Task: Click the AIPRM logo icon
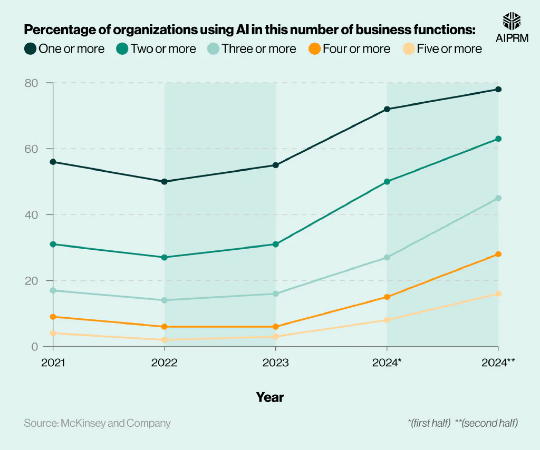pos(512,21)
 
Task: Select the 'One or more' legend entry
pos(64,49)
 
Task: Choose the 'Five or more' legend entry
pos(442,49)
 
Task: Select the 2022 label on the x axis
pos(164,362)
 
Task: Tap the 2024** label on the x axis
pos(498,362)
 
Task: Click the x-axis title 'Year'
pos(270,397)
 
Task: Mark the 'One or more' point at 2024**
pos(498,90)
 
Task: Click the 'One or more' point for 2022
pos(164,182)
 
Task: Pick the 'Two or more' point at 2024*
pos(387,182)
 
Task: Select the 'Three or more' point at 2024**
pos(498,198)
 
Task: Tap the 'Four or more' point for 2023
pos(276,327)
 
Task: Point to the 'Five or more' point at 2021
pos(53,333)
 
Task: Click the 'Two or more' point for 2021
pos(53,244)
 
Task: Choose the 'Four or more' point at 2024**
pos(498,254)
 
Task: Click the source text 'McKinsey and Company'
pos(115,423)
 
